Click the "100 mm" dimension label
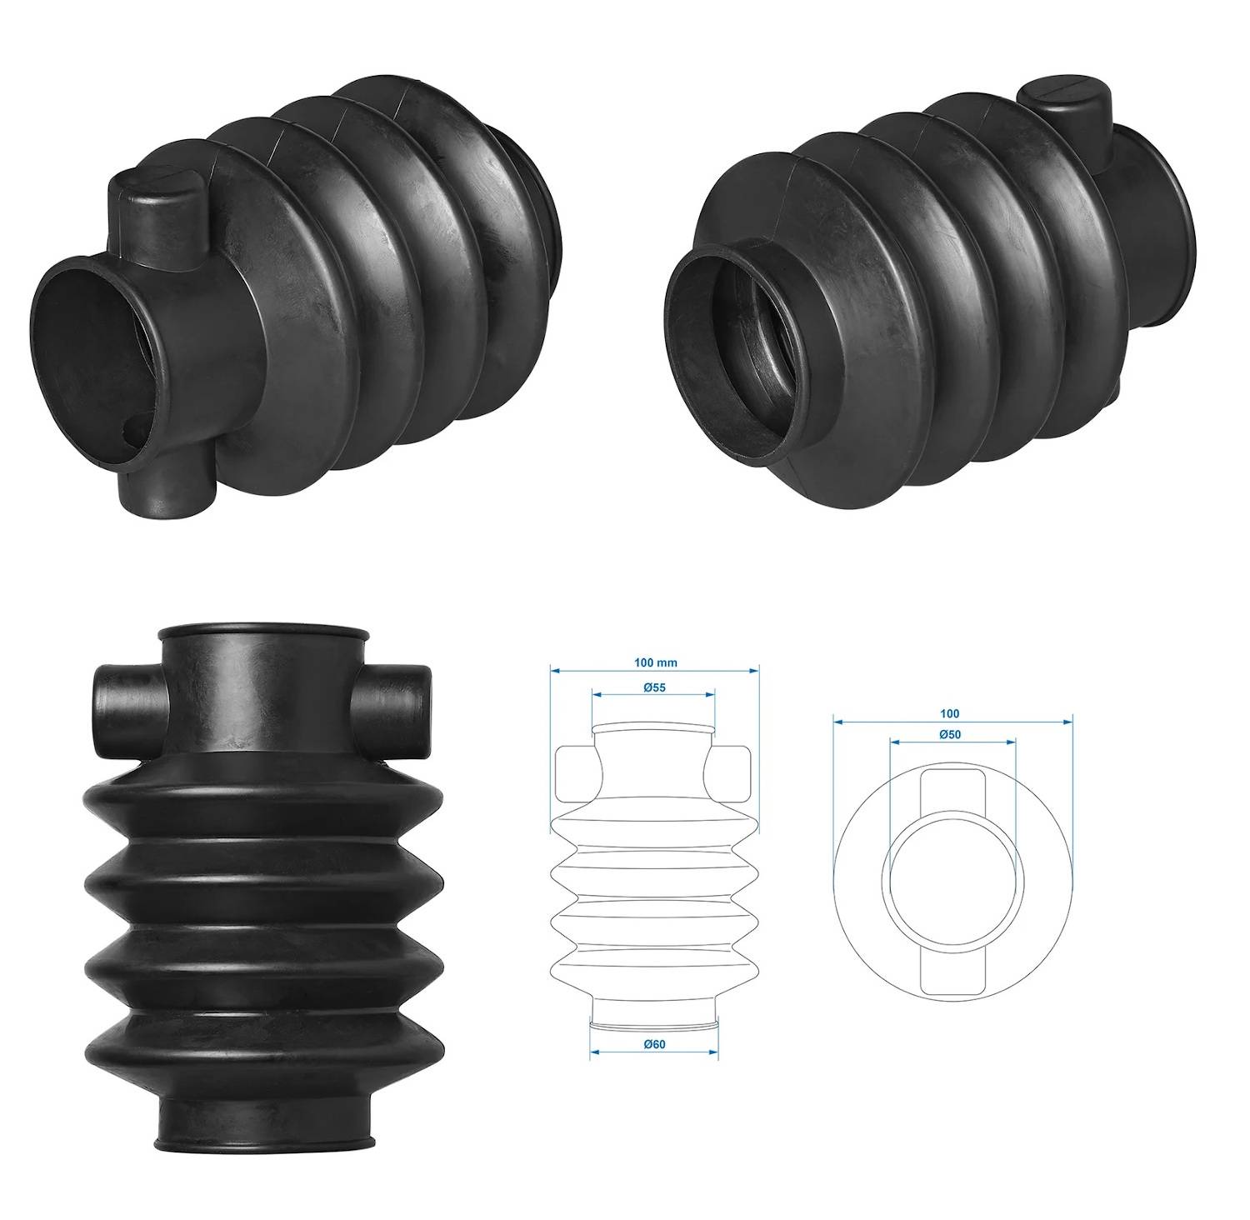pyautogui.click(x=655, y=663)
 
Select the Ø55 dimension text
pyautogui.click(x=653, y=687)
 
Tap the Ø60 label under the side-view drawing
pyautogui.click(x=653, y=1044)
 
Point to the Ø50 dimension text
pyautogui.click(x=950, y=734)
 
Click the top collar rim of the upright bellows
pyautogui.click(x=262, y=631)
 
